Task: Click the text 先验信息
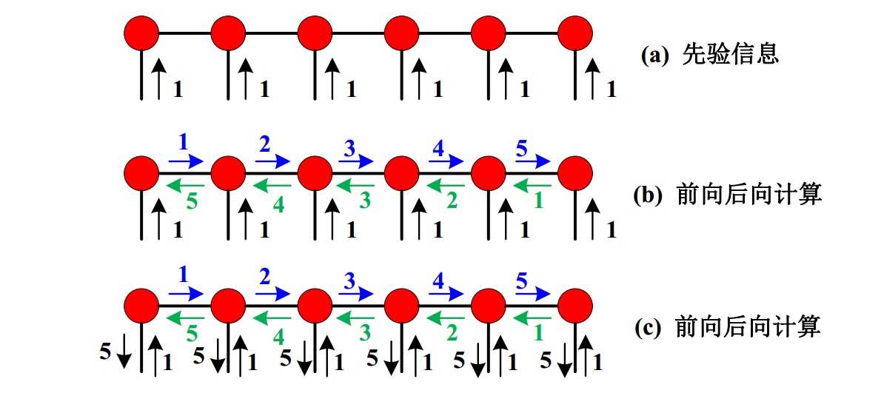point(731,55)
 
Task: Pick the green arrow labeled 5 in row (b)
point(187,184)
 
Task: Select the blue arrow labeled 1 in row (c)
point(187,293)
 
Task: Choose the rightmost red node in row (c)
point(575,306)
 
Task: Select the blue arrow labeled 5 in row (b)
point(533,162)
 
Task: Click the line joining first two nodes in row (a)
point(185,34)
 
